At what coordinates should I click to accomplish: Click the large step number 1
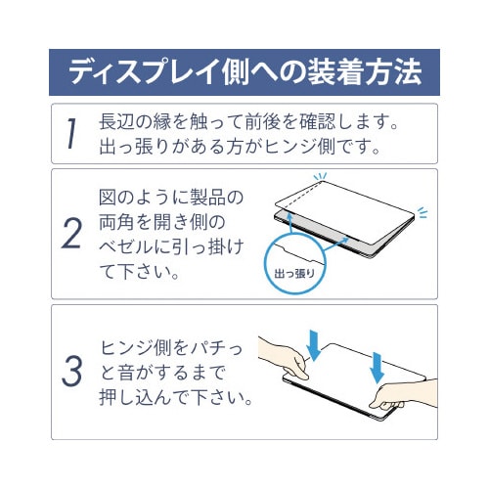(x=71, y=134)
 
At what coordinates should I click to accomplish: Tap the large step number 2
(x=72, y=235)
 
